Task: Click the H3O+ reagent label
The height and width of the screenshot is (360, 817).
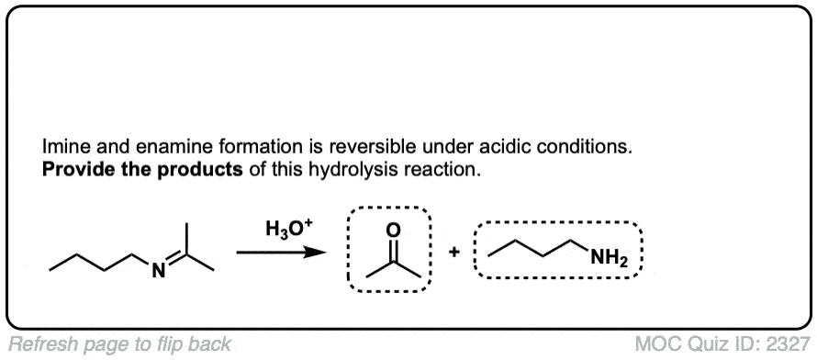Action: coord(285,230)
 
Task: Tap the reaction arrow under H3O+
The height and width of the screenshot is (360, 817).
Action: coord(282,253)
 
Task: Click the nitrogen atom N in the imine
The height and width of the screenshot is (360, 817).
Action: coord(160,271)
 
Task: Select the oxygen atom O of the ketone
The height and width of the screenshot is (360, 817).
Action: coord(394,230)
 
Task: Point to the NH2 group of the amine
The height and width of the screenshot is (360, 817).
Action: coord(610,257)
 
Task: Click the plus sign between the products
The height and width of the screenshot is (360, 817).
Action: coord(455,253)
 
